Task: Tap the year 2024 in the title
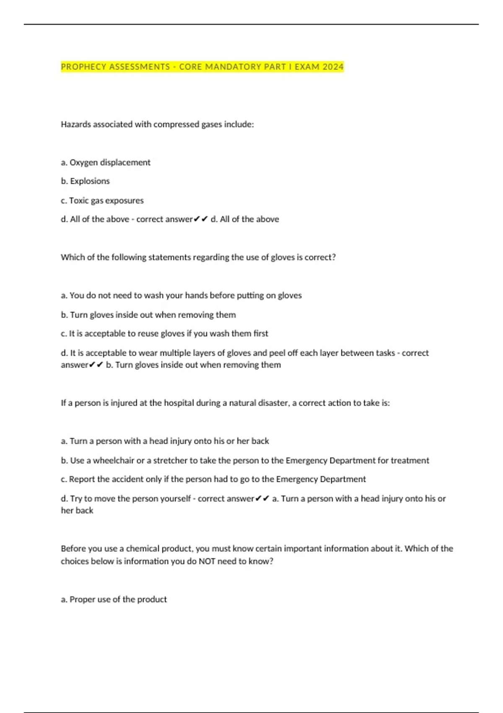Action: pos(333,67)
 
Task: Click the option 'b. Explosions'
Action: pos(85,181)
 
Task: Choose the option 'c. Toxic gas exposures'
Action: pos(102,200)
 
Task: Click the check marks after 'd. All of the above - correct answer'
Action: pos(201,219)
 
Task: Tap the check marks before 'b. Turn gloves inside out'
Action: pos(96,365)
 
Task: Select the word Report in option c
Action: pos(82,479)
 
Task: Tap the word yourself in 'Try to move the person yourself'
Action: pos(175,498)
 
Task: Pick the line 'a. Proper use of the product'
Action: pos(114,599)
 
